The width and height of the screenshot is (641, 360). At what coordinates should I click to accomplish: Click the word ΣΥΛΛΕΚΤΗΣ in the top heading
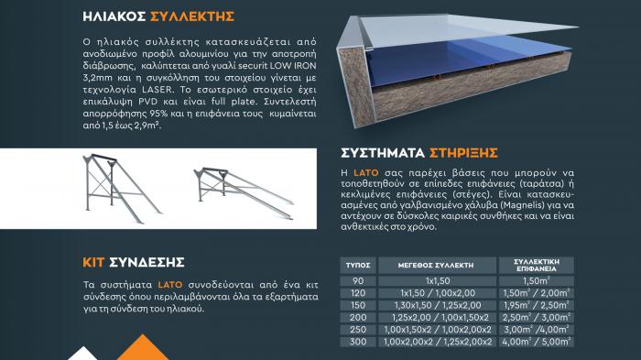[x=192, y=16]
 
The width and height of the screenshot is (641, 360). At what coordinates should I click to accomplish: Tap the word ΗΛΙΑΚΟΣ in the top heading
[x=114, y=16]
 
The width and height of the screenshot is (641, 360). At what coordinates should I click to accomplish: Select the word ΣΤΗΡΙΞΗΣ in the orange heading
[x=463, y=153]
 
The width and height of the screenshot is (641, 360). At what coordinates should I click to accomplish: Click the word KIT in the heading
[x=93, y=262]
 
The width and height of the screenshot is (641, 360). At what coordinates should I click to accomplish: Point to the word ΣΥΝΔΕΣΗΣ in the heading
[x=147, y=262]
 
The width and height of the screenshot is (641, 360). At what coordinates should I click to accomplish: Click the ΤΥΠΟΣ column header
[x=358, y=265]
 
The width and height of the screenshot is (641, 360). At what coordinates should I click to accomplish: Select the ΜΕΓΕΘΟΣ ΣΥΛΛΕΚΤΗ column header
[x=436, y=265]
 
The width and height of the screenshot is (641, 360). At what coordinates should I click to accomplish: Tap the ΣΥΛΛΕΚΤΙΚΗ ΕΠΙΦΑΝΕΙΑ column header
[x=537, y=265]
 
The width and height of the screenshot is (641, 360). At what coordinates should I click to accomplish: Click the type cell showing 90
[x=358, y=281]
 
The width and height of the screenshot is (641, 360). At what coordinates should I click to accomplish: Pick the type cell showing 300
[x=358, y=342]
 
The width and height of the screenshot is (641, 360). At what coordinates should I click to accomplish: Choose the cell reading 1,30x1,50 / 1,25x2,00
[x=438, y=305]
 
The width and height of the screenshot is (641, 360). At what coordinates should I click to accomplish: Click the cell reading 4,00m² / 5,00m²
[x=537, y=342]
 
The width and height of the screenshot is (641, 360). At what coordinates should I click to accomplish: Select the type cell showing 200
[x=358, y=318]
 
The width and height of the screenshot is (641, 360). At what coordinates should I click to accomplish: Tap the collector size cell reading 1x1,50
[x=438, y=281]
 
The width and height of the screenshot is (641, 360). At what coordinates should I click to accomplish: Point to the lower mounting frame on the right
[x=244, y=191]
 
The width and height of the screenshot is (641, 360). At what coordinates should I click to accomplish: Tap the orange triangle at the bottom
[x=143, y=348]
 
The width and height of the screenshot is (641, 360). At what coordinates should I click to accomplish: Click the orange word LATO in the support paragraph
[x=366, y=172]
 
